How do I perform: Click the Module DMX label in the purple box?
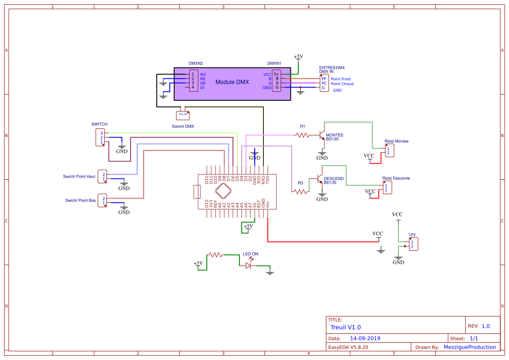click(x=232, y=82)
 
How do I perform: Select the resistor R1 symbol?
click(x=303, y=135)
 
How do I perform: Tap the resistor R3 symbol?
click(x=300, y=191)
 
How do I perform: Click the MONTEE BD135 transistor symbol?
click(x=321, y=135)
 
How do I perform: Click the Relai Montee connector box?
click(x=390, y=151)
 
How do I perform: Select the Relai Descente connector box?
click(x=387, y=188)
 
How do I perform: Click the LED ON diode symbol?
click(x=249, y=265)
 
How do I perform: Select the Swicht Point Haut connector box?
click(x=102, y=176)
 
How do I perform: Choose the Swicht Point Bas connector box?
click(x=102, y=201)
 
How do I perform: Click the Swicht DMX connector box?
click(x=183, y=115)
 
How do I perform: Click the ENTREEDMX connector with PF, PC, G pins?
click(x=324, y=83)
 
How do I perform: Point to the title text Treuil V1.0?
click(x=346, y=327)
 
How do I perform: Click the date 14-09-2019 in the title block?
click(x=365, y=338)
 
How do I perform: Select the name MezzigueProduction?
click(x=469, y=347)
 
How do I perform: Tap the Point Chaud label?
click(x=342, y=84)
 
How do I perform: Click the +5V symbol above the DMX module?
click(x=298, y=57)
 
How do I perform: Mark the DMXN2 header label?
click(x=196, y=63)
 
